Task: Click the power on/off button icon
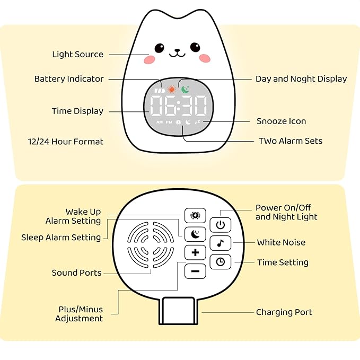[x=221, y=225]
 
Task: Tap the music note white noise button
[x=221, y=243]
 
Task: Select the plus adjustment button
[x=195, y=252]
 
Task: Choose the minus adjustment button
[x=195, y=271]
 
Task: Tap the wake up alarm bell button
[x=195, y=215]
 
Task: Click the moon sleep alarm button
[x=195, y=233]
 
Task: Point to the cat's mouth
[x=176, y=53]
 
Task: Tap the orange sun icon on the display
[x=171, y=89]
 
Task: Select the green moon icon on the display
[x=184, y=89]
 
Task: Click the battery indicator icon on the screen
[x=159, y=90]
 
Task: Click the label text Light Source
[x=77, y=54]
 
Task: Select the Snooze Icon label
[x=281, y=121]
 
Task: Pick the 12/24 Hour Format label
[x=66, y=142]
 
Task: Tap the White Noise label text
[x=281, y=242]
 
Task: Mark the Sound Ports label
[x=76, y=273]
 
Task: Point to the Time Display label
[x=77, y=111]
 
